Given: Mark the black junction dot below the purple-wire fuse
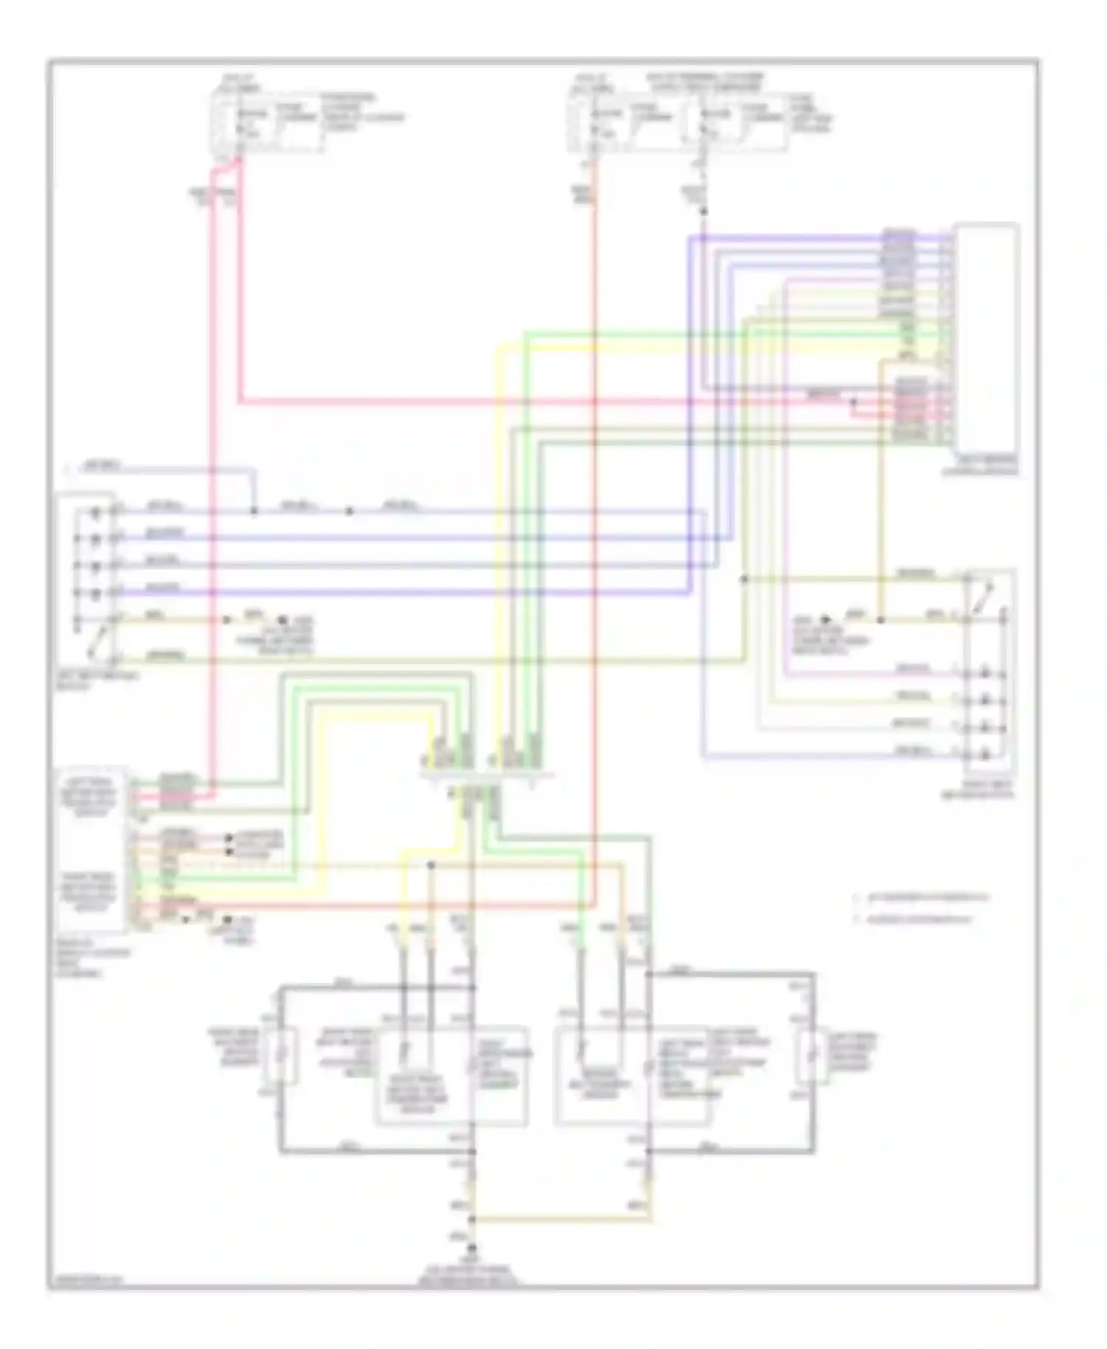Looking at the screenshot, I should [x=703, y=213].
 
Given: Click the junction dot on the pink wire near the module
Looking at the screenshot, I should [x=854, y=403].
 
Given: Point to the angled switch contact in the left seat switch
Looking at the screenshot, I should [x=94, y=641].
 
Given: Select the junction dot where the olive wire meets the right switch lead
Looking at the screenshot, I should [x=744, y=579].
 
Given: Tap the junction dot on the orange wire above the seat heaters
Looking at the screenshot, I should [x=431, y=866].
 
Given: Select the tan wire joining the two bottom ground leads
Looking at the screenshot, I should [x=561, y=1218].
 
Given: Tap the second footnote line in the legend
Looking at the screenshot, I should [x=915, y=920].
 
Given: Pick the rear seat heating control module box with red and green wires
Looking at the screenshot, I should [x=90, y=849].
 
